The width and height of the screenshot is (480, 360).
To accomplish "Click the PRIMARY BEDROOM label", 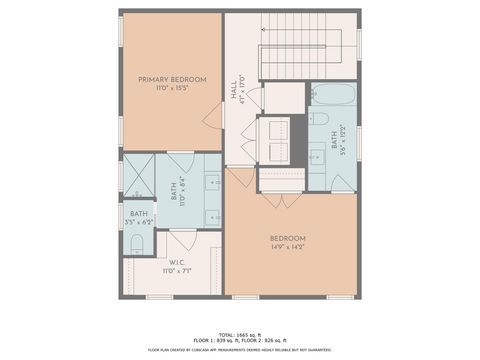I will [172, 80].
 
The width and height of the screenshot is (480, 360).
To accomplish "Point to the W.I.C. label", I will [177, 262].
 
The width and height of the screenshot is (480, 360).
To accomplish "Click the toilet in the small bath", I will [136, 244].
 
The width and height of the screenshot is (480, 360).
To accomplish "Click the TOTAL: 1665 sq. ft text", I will [240, 333].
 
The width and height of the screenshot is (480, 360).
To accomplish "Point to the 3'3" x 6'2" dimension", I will [138, 221].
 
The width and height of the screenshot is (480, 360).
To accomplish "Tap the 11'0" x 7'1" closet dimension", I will [177, 271].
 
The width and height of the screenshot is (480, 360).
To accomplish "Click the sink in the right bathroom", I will [318, 157].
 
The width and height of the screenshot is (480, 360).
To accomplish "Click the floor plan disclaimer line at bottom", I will [240, 350].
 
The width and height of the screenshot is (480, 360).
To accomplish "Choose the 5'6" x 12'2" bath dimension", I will [344, 140].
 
